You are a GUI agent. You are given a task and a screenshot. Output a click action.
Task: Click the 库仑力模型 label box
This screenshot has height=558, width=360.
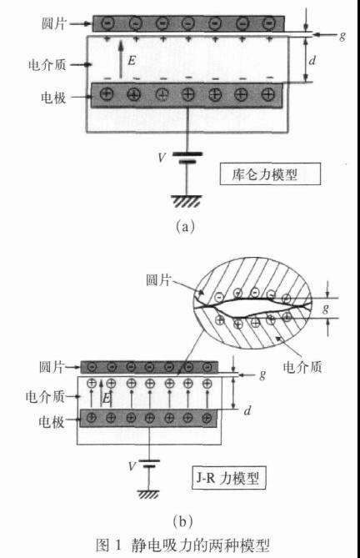(x=270, y=174)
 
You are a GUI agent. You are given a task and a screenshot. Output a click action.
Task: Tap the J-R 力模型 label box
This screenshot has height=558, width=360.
(x=229, y=478)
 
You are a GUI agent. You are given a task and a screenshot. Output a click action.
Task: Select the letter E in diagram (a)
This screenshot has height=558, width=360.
(x=132, y=61)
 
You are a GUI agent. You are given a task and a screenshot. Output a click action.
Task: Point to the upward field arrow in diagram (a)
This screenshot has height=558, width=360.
(x=121, y=59)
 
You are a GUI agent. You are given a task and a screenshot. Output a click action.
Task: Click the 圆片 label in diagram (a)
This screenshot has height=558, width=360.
(x=53, y=24)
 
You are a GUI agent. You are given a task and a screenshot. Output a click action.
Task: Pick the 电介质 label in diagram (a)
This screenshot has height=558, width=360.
(x=47, y=65)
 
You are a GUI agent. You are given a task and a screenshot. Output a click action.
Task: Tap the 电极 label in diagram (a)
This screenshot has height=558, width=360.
(x=53, y=97)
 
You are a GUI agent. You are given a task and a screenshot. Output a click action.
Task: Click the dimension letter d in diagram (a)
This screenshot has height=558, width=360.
(x=312, y=60)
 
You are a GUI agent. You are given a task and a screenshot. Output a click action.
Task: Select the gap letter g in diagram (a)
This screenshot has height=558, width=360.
(x=342, y=36)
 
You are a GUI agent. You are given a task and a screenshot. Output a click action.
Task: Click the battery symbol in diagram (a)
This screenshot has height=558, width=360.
(x=187, y=158)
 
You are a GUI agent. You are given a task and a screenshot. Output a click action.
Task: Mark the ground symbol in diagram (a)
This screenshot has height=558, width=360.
(x=186, y=201)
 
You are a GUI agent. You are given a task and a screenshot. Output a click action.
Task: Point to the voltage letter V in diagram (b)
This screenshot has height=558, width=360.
(x=132, y=465)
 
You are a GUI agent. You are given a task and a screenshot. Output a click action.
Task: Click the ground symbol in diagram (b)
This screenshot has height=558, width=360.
(x=148, y=494)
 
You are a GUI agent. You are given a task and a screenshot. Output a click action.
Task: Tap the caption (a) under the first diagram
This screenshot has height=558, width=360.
(x=186, y=226)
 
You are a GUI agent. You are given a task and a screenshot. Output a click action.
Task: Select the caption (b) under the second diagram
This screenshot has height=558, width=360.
(x=182, y=521)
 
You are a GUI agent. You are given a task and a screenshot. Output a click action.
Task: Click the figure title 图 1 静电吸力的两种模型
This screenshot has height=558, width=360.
(x=182, y=545)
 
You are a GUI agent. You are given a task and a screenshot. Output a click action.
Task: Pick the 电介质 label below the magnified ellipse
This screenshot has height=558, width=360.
(x=302, y=366)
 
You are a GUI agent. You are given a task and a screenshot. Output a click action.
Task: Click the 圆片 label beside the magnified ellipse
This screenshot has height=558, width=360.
(x=158, y=279)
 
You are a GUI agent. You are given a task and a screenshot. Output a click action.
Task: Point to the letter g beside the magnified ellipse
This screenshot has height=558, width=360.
(x=326, y=308)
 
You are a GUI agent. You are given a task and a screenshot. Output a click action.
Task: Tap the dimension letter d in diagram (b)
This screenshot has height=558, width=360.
(x=247, y=410)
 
